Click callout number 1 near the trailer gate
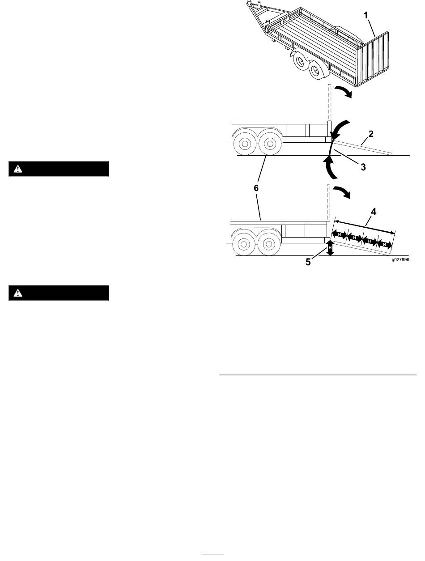coord(366,16)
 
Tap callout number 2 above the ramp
coord(371,134)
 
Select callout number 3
coord(363,167)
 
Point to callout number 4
coord(374,212)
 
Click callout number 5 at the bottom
coord(308,262)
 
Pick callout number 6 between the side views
coord(256,188)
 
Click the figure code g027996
coord(400,259)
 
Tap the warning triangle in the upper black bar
coord(17,169)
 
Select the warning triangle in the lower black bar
coord(17,293)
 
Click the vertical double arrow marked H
coord(330,248)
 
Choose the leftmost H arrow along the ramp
coord(340,234)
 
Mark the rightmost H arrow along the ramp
coord(385,244)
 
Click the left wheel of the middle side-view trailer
coord(245,144)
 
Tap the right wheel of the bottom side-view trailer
coord(269,244)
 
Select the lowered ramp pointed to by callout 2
coord(362,147)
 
